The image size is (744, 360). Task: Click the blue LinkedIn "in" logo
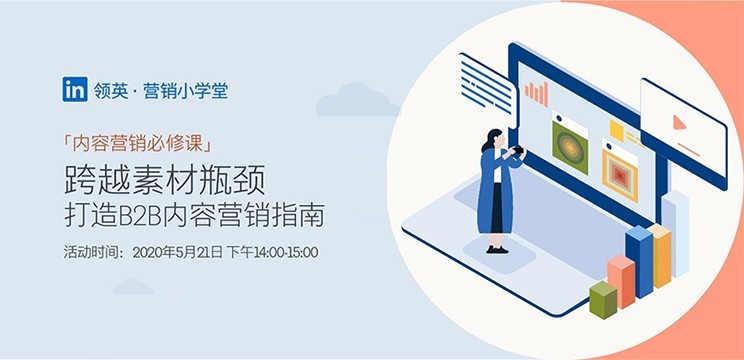[74, 89]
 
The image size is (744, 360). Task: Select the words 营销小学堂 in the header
[186, 90]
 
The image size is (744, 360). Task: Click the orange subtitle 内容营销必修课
[137, 144]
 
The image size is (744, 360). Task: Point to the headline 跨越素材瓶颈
[165, 181]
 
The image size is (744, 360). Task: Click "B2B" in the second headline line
[140, 216]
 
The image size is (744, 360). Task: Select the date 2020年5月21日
[177, 252]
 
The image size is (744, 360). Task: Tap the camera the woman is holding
[518, 150]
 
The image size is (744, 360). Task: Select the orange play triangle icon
[679, 123]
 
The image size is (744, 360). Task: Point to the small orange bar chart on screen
[537, 94]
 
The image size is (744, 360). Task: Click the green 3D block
[603, 300]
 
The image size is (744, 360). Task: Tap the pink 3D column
[621, 282]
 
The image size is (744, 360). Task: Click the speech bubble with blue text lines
[487, 89]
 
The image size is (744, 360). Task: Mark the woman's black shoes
[497, 249]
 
